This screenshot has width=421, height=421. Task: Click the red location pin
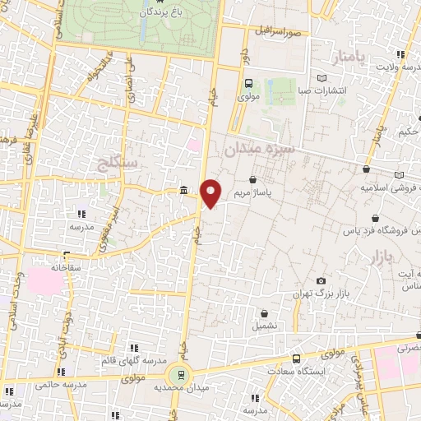pos(211,192)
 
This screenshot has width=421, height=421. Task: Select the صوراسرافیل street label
pos(277,31)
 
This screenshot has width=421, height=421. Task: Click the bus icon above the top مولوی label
pos(249,82)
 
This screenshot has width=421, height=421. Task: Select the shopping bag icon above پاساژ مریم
pos(252,178)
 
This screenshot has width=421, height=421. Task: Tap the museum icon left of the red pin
pos(183,191)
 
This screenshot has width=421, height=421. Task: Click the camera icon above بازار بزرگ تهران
pos(321,281)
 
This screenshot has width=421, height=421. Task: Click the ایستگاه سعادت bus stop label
pos(302,371)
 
